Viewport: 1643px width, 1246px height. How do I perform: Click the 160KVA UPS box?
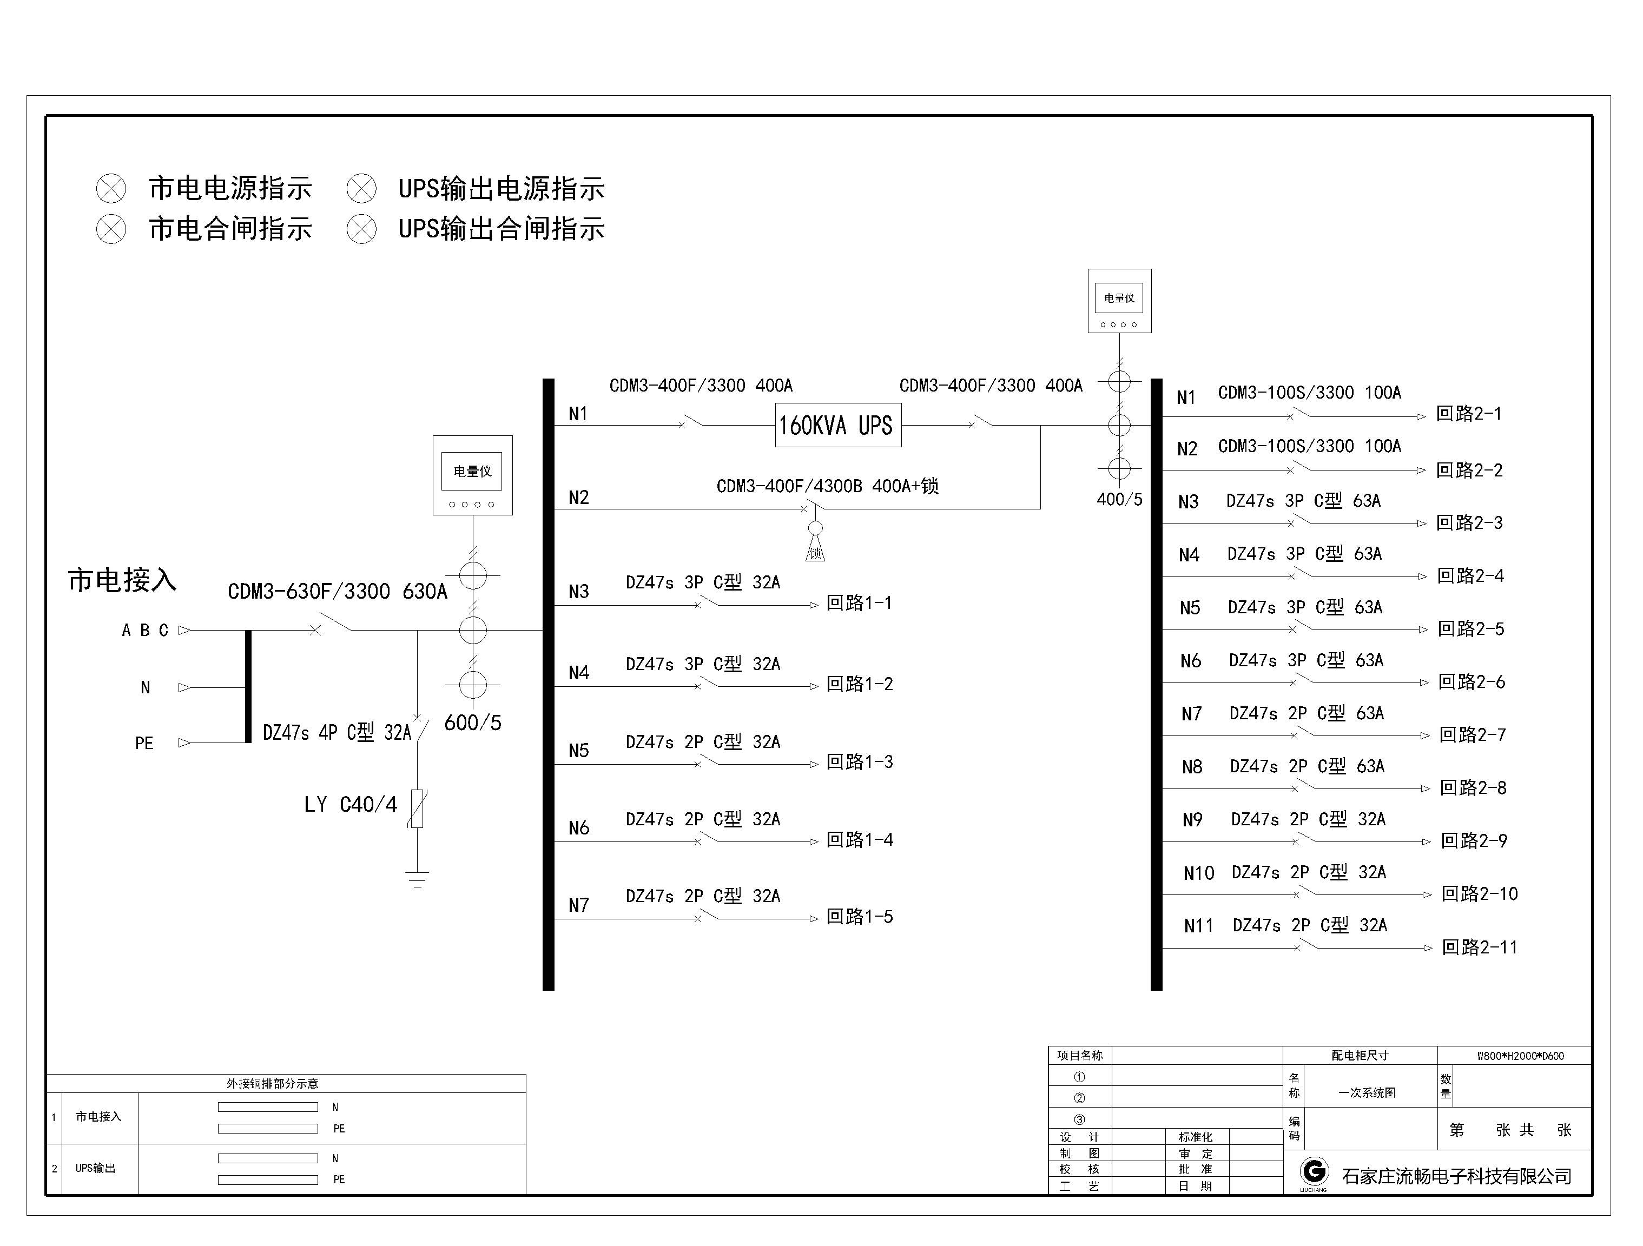click(838, 426)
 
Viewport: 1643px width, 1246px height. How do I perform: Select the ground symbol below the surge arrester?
click(418, 879)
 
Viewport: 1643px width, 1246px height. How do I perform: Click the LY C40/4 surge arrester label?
click(351, 805)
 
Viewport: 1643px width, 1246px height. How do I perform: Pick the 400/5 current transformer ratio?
click(1119, 500)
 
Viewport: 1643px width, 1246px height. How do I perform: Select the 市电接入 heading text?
click(123, 580)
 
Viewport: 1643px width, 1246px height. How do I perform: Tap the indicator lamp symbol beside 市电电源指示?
click(111, 189)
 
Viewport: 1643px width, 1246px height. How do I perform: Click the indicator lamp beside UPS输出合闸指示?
click(362, 229)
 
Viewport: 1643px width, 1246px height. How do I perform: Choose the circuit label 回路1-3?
click(860, 763)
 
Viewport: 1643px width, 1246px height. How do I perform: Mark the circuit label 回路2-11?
click(1480, 947)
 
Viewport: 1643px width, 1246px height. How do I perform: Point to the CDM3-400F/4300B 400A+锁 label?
click(827, 486)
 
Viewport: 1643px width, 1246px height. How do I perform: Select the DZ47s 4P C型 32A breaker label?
click(336, 733)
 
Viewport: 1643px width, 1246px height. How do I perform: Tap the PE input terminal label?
click(144, 743)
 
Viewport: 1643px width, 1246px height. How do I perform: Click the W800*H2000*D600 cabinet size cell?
click(1520, 1056)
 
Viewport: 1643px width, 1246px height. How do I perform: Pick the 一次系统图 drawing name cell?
click(1367, 1093)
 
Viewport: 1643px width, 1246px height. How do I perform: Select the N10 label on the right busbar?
click(1199, 873)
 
